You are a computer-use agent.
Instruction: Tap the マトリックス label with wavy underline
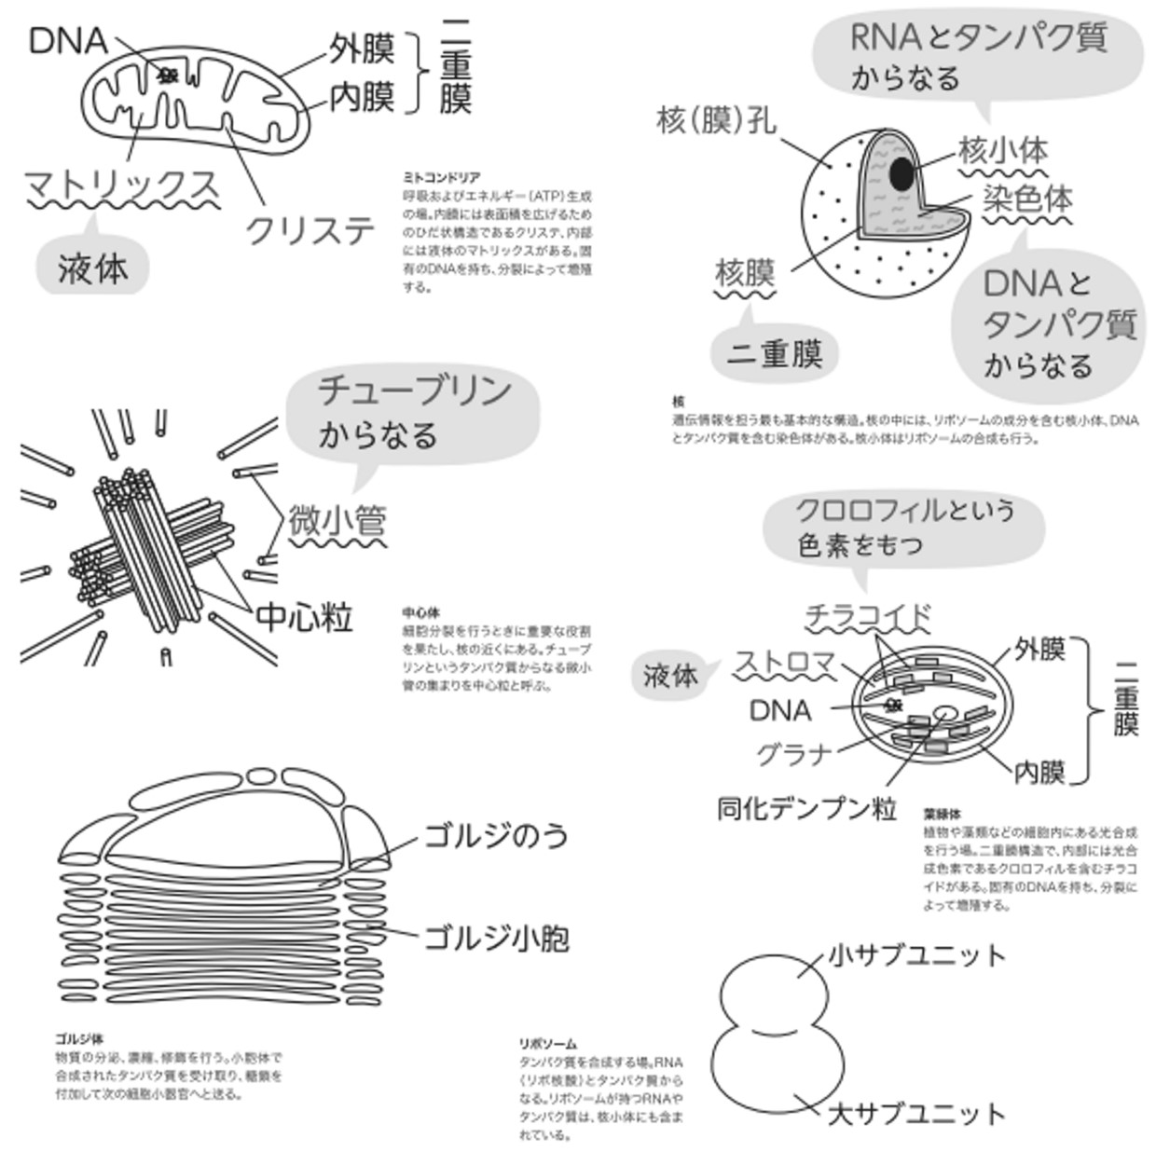coord(121,185)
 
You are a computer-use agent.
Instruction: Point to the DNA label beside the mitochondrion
coord(68,41)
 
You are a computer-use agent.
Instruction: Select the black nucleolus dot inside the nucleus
coord(901,173)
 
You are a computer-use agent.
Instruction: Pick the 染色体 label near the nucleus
coord(1026,199)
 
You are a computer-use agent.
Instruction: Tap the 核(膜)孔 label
coord(716,120)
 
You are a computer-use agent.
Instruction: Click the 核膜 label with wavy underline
coord(745,273)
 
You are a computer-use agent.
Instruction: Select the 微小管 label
coord(337,521)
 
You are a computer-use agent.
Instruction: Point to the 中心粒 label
coord(304,617)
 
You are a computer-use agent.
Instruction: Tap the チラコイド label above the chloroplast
coord(868,616)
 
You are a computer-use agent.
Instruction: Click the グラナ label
coord(793,753)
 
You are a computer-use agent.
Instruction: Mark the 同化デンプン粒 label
coord(806,808)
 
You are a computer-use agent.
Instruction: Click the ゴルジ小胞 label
coord(496,938)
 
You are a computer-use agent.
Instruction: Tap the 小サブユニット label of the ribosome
coord(917,955)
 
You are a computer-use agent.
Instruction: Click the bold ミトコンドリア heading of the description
coord(441,177)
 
